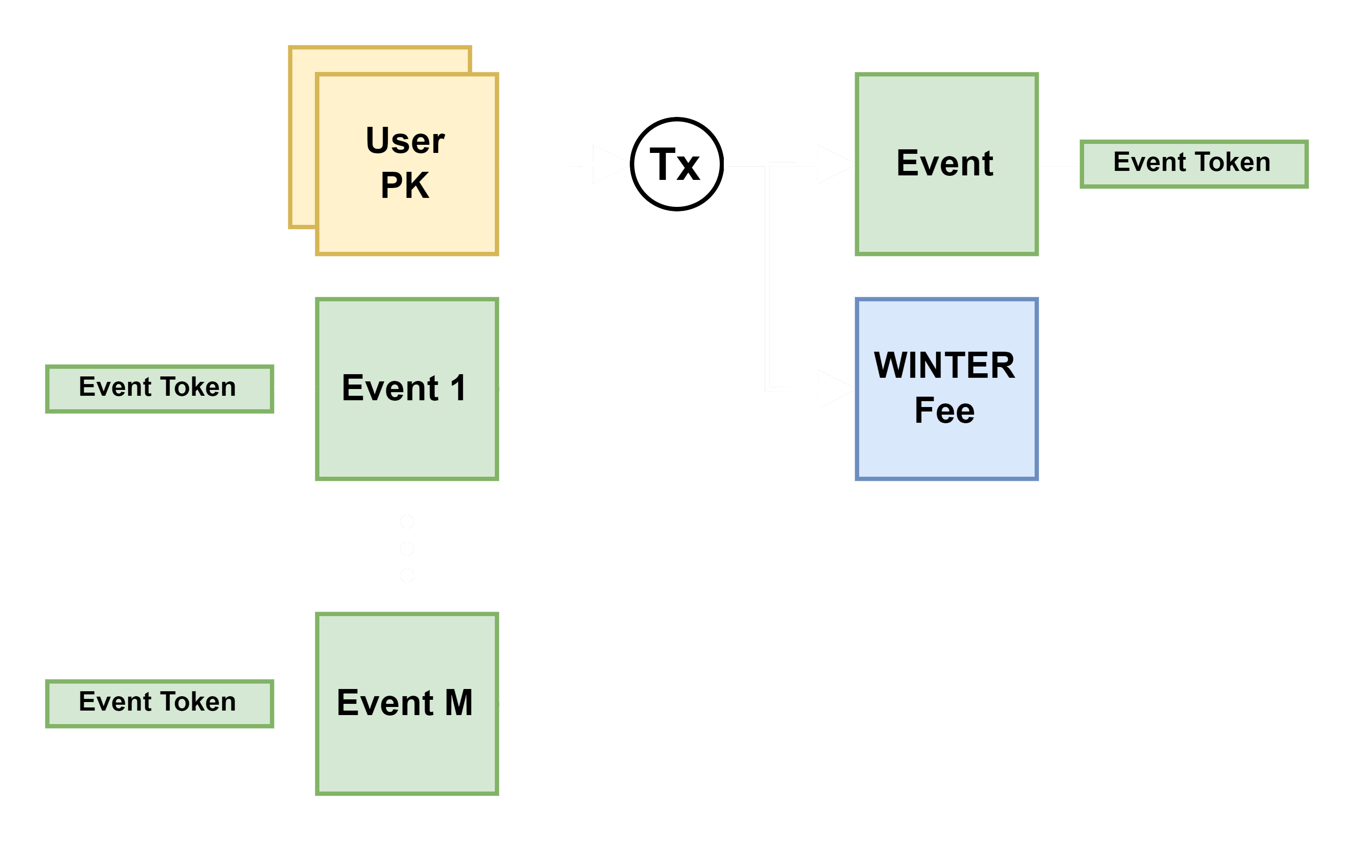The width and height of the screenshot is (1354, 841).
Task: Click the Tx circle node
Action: pyautogui.click(x=677, y=164)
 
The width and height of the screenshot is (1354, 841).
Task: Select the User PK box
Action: pyautogui.click(x=407, y=164)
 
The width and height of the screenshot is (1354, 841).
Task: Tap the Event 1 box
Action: pyautogui.click(x=407, y=389)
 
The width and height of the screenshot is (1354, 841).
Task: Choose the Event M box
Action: pyautogui.click(x=407, y=704)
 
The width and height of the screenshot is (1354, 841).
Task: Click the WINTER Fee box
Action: pyautogui.click(x=946, y=389)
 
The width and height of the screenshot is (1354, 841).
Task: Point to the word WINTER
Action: pyautogui.click(x=945, y=366)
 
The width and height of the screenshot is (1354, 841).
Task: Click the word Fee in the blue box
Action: pyautogui.click(x=945, y=411)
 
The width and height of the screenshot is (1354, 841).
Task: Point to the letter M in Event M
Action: pyautogui.click(x=459, y=702)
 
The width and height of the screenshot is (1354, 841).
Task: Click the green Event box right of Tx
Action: pyautogui.click(x=946, y=164)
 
